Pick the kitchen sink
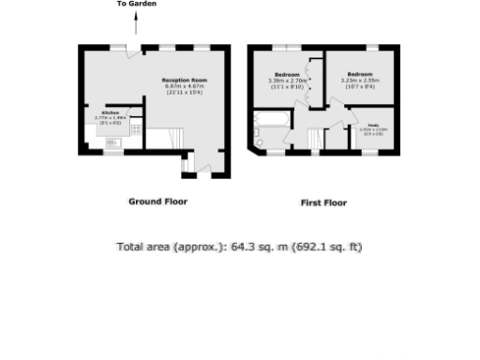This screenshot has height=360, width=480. [x=113, y=142]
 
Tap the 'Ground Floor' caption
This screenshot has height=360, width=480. [x=157, y=202]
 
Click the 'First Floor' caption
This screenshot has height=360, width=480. [x=323, y=202]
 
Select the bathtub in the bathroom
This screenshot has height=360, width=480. [x=272, y=120]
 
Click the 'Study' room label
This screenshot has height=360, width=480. [x=372, y=124]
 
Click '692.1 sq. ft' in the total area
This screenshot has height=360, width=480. [x=328, y=247]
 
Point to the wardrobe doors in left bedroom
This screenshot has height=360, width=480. [x=308, y=80]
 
